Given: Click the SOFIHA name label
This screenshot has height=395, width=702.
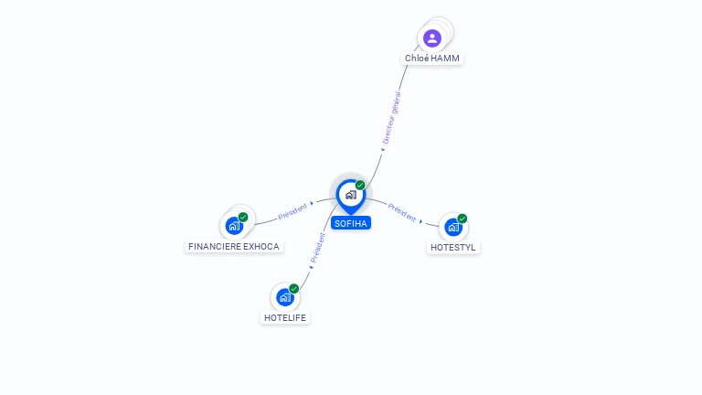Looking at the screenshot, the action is [x=351, y=223].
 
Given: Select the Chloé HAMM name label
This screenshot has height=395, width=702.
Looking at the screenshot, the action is [x=432, y=59].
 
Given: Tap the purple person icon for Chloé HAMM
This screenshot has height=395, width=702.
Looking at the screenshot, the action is [x=432, y=38].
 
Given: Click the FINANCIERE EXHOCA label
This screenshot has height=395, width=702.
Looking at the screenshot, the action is [x=234, y=246].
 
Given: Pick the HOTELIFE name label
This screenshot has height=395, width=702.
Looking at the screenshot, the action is [x=285, y=317].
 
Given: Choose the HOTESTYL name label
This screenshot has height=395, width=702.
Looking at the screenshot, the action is [x=453, y=247].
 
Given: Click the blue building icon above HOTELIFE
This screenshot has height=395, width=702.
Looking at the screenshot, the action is [x=285, y=297].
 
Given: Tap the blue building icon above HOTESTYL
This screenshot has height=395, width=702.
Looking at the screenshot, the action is [x=453, y=227].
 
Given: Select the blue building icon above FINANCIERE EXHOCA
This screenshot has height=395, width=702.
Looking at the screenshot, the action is [x=234, y=226].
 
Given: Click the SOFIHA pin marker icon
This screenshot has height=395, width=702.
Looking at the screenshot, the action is [x=351, y=196].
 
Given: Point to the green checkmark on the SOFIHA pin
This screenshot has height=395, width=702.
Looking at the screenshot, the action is [x=360, y=185].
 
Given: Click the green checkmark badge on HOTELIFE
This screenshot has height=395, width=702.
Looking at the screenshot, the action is [x=293, y=288].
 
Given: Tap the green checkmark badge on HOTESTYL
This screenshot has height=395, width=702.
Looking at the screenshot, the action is [x=462, y=219].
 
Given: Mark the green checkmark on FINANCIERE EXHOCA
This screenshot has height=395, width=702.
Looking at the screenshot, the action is [x=243, y=218].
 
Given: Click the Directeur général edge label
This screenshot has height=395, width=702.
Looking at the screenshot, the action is [x=391, y=118].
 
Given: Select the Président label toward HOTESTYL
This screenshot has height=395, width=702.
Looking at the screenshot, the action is [x=402, y=212].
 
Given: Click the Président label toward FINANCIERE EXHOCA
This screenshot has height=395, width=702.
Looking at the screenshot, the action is [x=292, y=211].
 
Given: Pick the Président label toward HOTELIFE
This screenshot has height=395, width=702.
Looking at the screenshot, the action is [x=318, y=248].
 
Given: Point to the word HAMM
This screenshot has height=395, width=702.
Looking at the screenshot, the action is [x=445, y=59].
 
